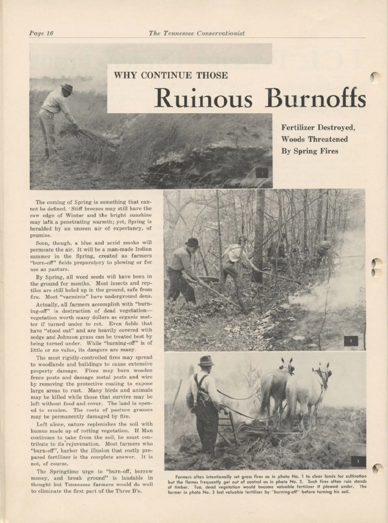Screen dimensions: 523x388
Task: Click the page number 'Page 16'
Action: pyautogui.click(x=41, y=33)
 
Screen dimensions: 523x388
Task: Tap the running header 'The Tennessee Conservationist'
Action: pyautogui.click(x=197, y=33)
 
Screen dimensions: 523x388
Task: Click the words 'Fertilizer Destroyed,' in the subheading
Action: pyautogui.click(x=318, y=127)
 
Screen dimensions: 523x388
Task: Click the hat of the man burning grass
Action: pyautogui.click(x=67, y=87)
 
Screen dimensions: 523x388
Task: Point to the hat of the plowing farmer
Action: pyautogui.click(x=206, y=361)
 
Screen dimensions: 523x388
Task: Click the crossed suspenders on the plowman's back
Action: pyautogui.click(x=198, y=385)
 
